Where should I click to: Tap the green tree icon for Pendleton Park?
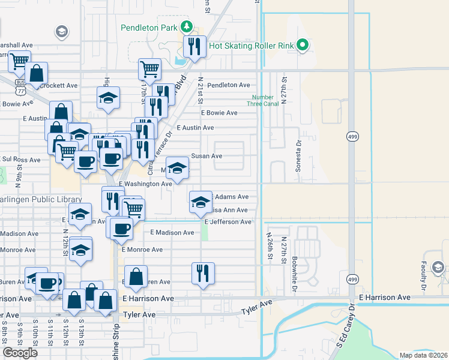pyautogui.click(x=187, y=26)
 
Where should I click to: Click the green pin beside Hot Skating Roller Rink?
pyautogui.click(x=304, y=45)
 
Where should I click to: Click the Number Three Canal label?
pyautogui.click(x=263, y=101)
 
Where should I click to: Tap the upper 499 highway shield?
pyautogui.click(x=352, y=137)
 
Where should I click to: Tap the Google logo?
pyautogui.click(x=20, y=353)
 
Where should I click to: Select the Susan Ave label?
pyautogui.click(x=206, y=156)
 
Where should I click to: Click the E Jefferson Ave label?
pyautogui.click(x=228, y=222)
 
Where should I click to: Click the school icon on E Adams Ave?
pyautogui.click(x=201, y=202)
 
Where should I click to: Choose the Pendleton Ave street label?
pyautogui.click(x=228, y=85)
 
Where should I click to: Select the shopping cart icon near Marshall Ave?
pyautogui.click(x=19, y=60)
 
